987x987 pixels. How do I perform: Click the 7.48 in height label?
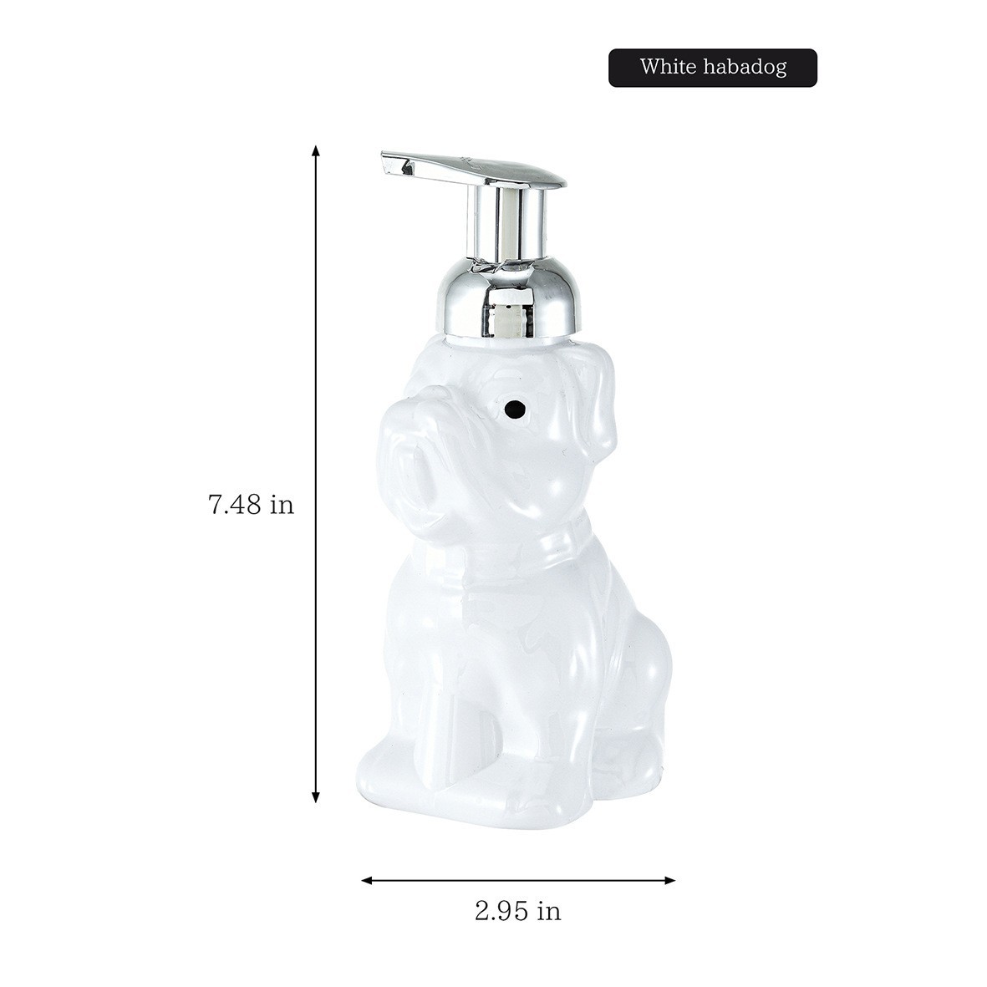252,505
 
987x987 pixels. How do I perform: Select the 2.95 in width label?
517,911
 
